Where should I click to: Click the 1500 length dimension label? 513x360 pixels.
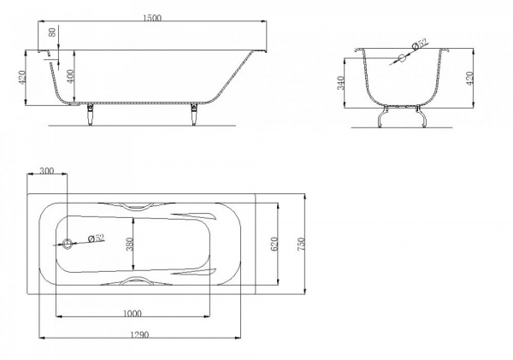pos(152,18)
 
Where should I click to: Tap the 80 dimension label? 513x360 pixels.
pos(52,32)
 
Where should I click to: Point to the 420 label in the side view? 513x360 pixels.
pos(22,77)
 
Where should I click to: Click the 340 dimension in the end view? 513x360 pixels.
pos(340,83)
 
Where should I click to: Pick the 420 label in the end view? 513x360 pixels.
pos(469,79)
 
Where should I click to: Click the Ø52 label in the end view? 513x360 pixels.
pos(420,44)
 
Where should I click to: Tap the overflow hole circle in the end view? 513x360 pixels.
pos(402,58)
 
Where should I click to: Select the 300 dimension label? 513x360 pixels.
pos(46,170)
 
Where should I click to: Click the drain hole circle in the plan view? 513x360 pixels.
pos(68,244)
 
